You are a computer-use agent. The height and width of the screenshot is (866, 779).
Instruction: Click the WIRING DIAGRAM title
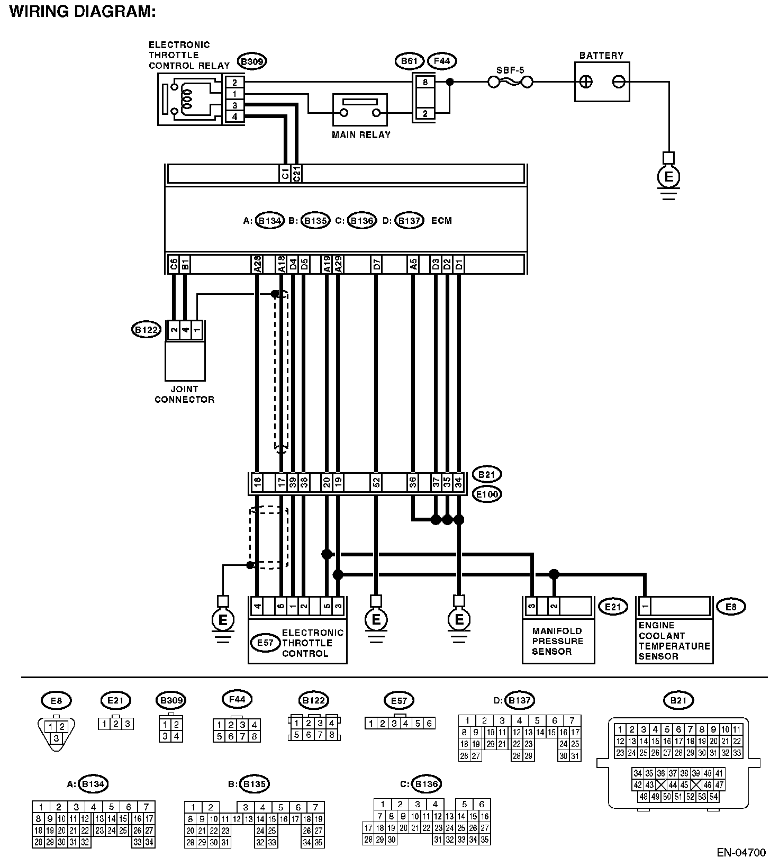83,12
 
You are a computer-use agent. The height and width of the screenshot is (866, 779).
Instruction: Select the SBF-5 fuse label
510,70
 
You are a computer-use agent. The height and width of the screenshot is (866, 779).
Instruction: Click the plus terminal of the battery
586,82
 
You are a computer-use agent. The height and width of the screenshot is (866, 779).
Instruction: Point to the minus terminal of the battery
619,82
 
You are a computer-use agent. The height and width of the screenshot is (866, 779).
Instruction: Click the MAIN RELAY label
361,135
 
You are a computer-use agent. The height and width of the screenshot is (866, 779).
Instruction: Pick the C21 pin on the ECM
297,174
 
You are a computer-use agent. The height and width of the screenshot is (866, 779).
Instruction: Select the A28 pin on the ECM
257,264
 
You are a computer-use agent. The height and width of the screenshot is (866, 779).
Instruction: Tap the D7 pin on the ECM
376,264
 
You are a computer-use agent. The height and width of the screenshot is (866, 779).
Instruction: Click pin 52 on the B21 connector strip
376,483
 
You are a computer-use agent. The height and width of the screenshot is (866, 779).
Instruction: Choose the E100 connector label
487,494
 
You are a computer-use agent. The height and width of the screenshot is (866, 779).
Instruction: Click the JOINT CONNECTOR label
184,394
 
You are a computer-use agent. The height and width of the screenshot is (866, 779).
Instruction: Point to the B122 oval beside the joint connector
146,330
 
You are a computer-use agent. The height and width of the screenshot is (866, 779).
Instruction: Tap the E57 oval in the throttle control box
265,643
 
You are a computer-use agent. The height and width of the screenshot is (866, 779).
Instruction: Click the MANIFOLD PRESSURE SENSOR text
557,641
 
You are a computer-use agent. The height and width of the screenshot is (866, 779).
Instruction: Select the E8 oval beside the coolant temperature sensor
730,607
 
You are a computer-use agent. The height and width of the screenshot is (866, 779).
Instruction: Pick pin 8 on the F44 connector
425,83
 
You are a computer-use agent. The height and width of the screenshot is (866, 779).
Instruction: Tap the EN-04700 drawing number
741,853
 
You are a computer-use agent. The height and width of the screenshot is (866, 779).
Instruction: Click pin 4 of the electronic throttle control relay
234,117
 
